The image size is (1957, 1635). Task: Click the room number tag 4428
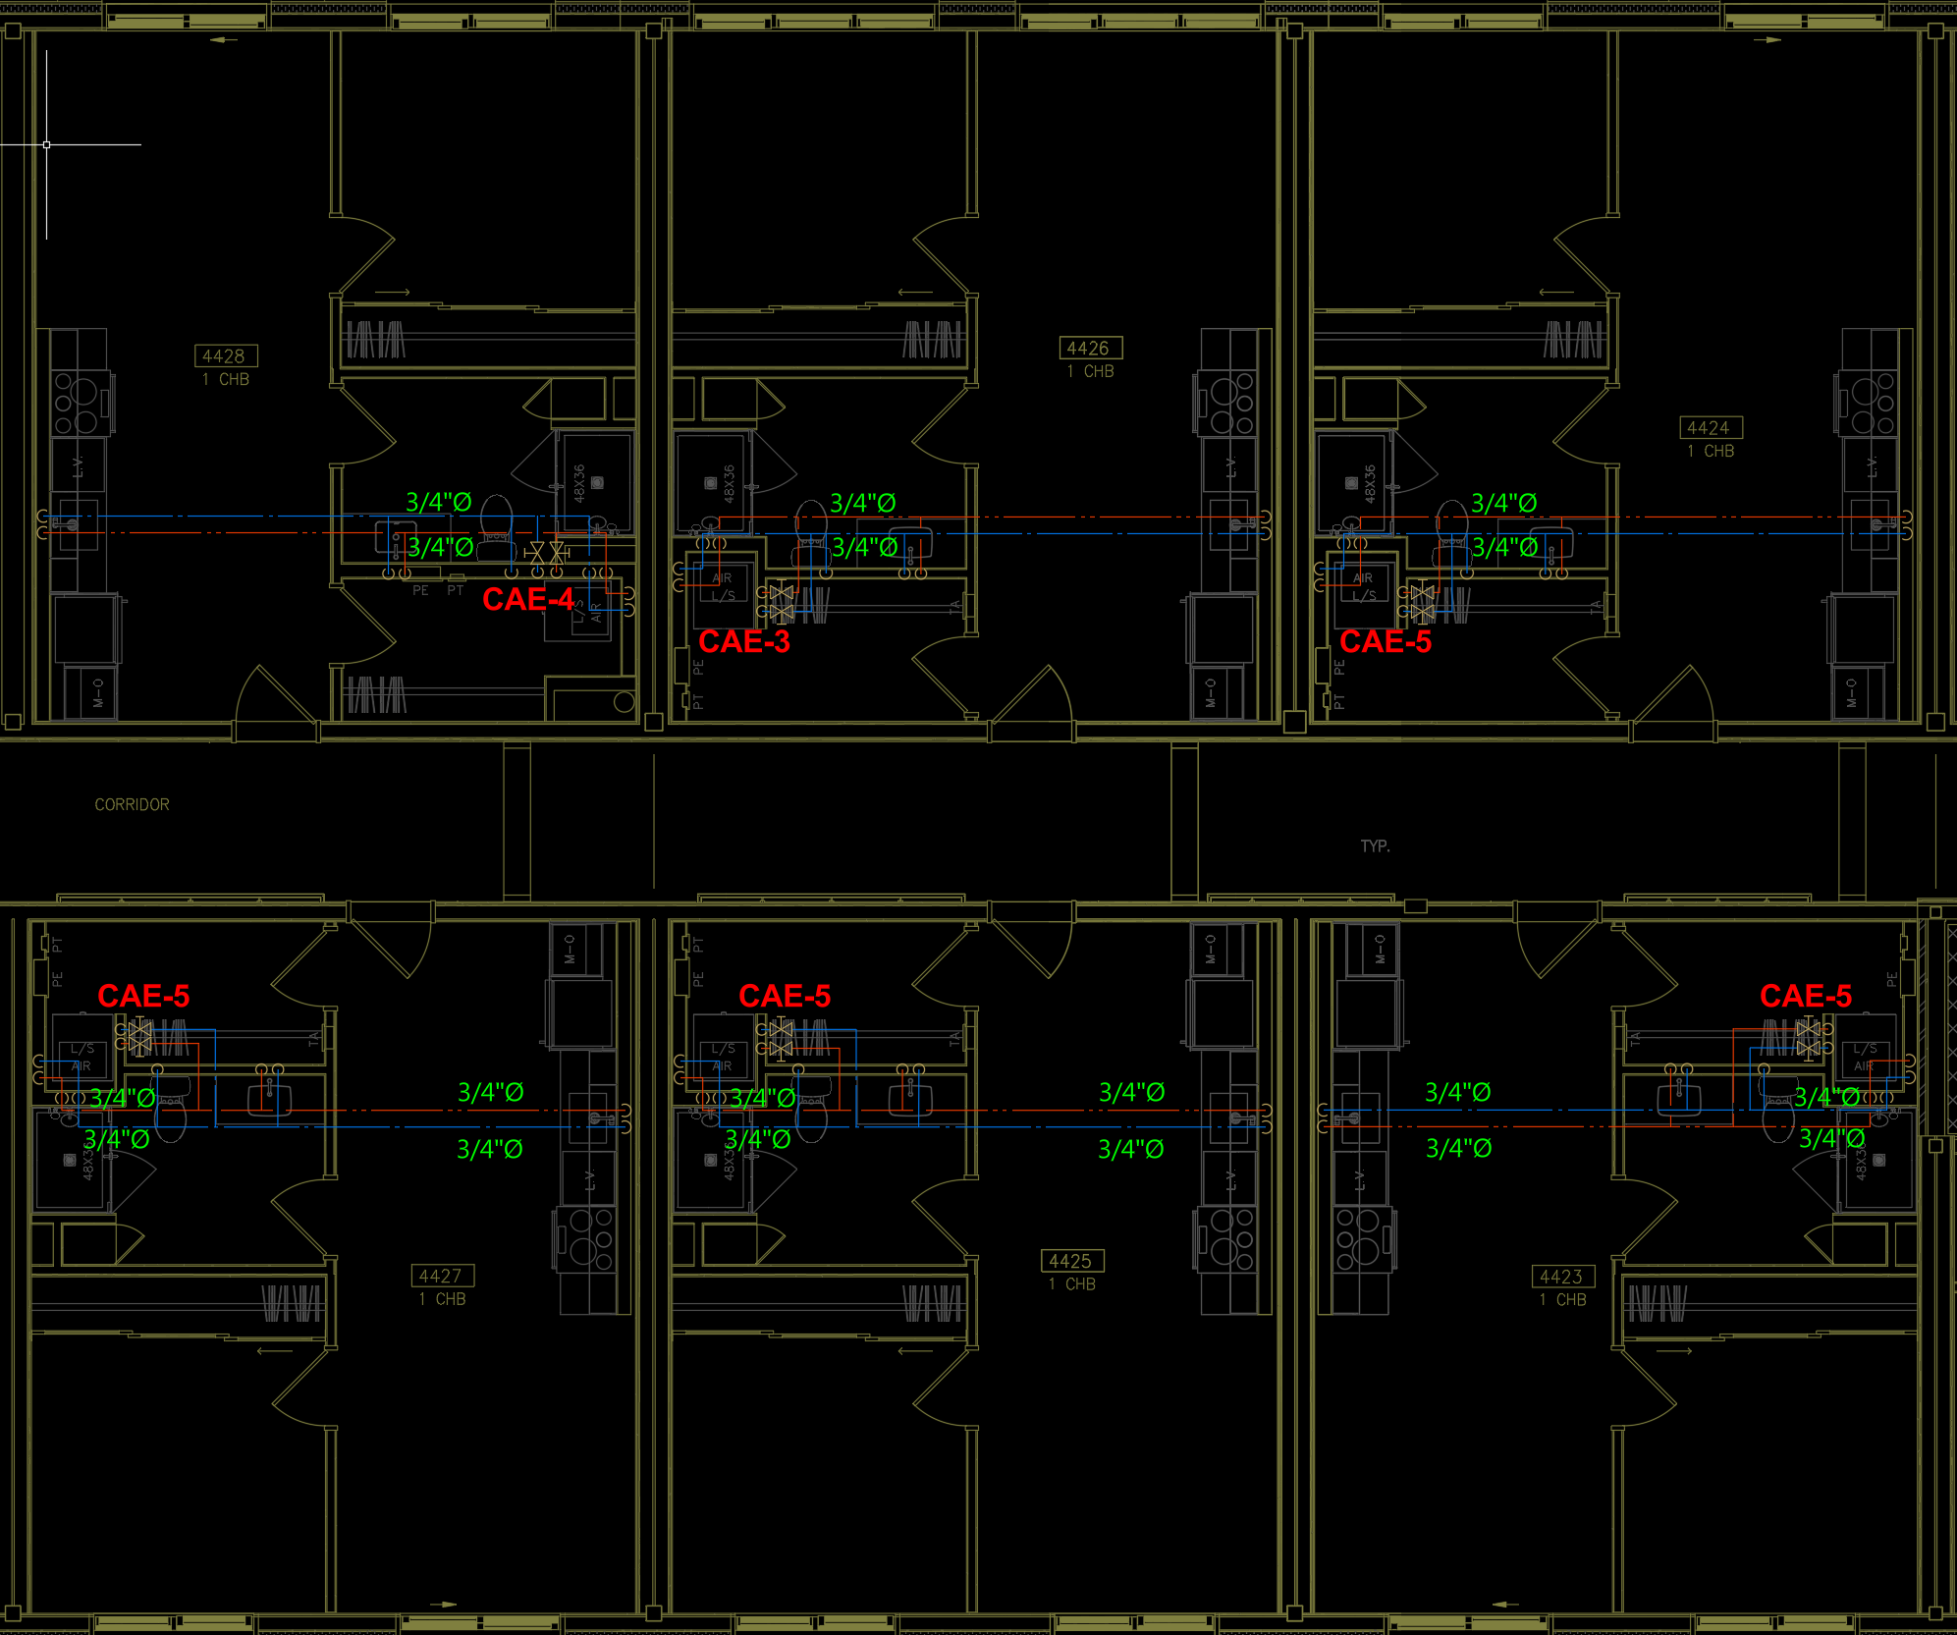225,356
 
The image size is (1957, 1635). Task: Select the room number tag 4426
1088,349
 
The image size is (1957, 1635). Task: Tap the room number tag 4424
1709,428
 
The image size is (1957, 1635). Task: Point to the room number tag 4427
441,1276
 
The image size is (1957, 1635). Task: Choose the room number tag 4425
1070,1261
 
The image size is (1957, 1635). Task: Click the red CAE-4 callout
527,599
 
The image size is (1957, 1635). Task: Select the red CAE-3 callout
743,641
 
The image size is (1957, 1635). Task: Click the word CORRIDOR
132,804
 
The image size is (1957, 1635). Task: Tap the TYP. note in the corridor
1375,846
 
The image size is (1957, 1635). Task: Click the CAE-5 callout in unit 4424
1385,641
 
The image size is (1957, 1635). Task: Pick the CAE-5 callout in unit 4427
143,996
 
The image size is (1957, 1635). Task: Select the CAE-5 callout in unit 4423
1805,996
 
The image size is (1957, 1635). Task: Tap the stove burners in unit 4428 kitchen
77,402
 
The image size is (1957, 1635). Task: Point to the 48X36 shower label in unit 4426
729,483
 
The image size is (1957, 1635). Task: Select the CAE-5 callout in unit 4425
784,996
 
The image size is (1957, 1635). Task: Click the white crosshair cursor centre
46,144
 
